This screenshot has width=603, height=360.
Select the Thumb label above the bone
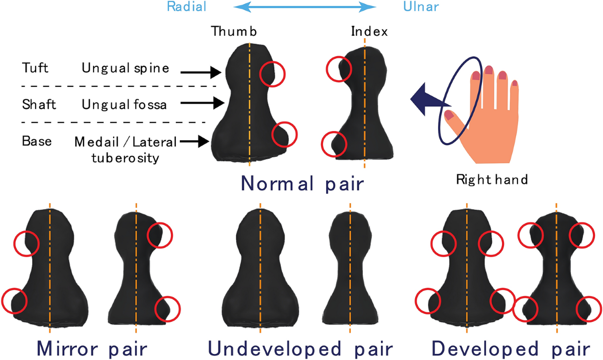(x=234, y=32)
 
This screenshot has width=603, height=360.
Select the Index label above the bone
(x=369, y=32)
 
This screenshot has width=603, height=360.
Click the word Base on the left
(x=37, y=141)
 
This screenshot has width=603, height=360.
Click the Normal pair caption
(x=302, y=183)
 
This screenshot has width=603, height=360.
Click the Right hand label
(x=492, y=179)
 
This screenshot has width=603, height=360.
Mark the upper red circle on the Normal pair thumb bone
(x=272, y=73)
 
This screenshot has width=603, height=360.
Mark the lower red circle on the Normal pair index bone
(x=334, y=144)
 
